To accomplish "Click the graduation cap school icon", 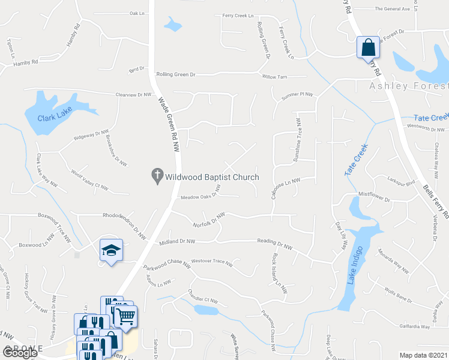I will click(x=111, y=251).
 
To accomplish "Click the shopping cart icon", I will click(x=125, y=316).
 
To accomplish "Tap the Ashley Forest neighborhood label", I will click(x=408, y=86).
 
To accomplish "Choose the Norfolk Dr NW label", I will click(x=209, y=220).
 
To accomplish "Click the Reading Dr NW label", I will click(x=274, y=245).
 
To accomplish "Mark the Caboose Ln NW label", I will click(x=295, y=185).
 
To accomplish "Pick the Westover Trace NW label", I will click(x=211, y=262).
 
